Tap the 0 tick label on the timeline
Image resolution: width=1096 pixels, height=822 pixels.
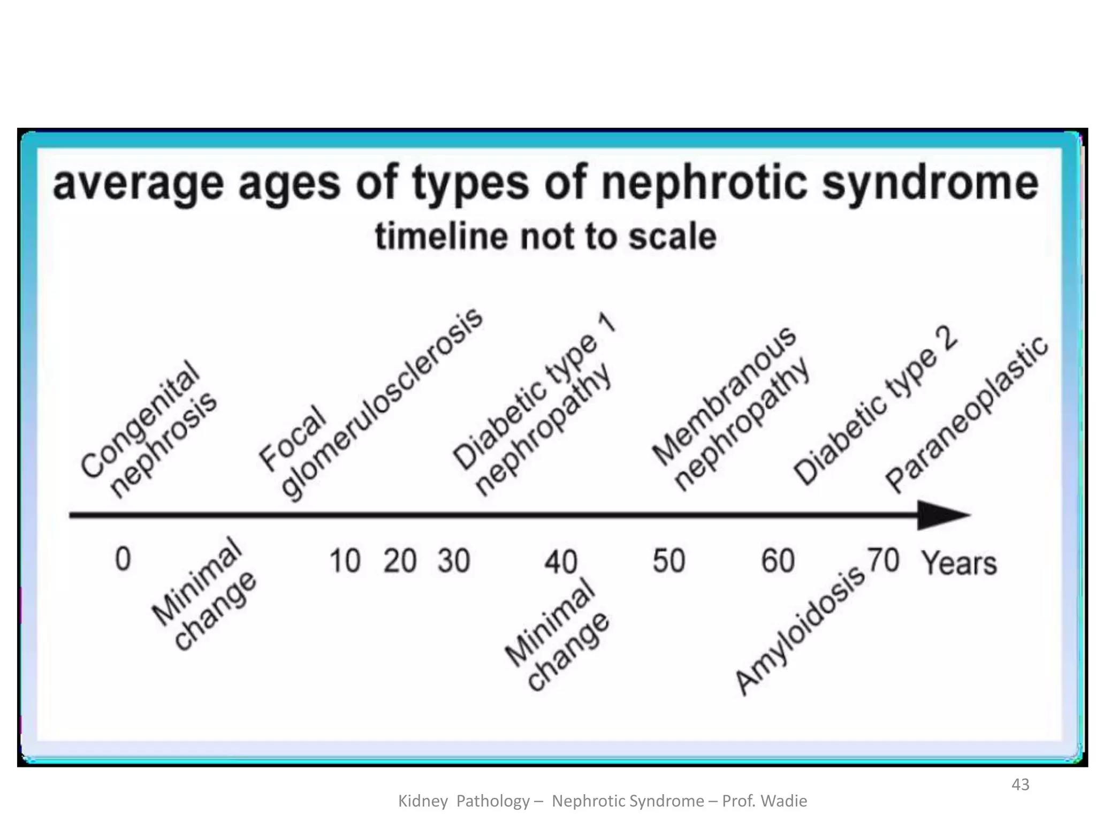click(123, 559)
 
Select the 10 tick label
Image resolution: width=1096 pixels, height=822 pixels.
click(345, 561)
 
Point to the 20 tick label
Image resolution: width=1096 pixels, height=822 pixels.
click(399, 561)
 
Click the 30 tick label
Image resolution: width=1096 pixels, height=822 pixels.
click(454, 561)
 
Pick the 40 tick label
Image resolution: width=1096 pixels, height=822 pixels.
click(561, 562)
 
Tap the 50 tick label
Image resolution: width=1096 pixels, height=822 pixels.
click(669, 561)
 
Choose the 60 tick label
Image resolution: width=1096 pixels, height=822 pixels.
click(778, 561)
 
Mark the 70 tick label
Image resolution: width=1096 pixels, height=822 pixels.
click(883, 560)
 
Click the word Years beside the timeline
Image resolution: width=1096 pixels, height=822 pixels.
click(959, 563)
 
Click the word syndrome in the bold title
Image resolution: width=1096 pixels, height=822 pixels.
click(930, 183)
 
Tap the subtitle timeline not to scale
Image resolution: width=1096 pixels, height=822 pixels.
click(546, 237)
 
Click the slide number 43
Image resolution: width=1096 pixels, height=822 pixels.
click(1021, 785)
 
